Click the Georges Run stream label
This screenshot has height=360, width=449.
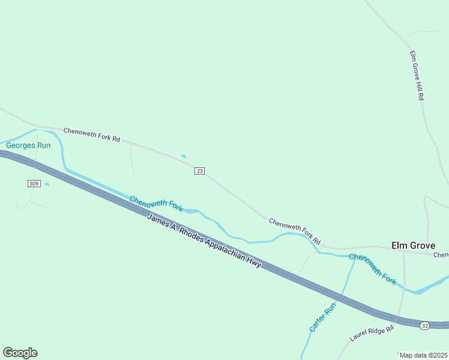click(x=28, y=145)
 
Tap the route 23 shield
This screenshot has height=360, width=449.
click(x=200, y=171)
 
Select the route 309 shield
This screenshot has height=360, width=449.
click(x=34, y=183)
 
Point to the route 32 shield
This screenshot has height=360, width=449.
click(x=425, y=325)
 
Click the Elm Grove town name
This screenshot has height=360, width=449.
click(x=413, y=245)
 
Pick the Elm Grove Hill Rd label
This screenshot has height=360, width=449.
click(x=417, y=75)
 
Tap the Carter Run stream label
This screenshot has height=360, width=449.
click(x=323, y=317)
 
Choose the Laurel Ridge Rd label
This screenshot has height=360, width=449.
click(x=372, y=333)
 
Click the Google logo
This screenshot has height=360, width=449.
click(x=20, y=353)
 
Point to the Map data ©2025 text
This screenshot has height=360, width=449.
click(x=424, y=355)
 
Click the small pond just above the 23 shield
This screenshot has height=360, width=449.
click(x=183, y=157)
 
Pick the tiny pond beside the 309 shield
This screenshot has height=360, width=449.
click(x=47, y=184)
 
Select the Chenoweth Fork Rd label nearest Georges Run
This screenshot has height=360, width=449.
click(x=92, y=134)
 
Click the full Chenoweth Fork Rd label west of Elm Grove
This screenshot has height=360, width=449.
click(x=295, y=227)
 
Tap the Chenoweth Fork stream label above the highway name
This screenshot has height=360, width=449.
click(x=156, y=204)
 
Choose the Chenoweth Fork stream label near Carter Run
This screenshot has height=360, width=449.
click(x=373, y=269)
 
